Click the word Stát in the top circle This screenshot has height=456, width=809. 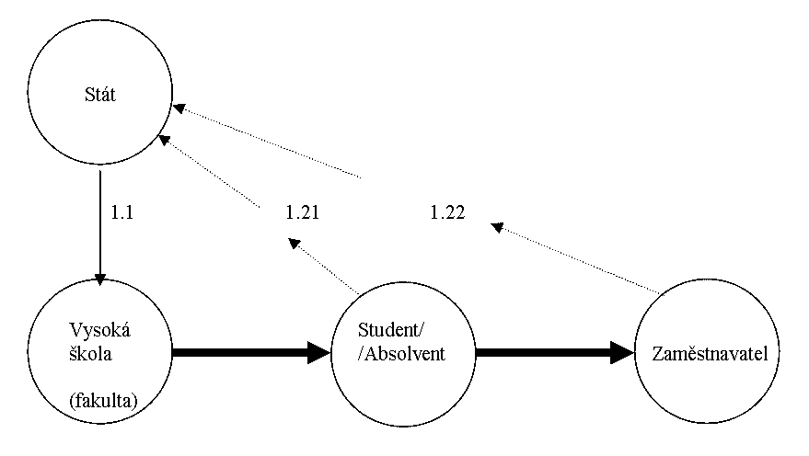[98, 94]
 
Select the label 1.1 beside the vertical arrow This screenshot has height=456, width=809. [122, 213]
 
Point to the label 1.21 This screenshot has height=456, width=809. [302, 213]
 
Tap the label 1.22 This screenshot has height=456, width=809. [447, 213]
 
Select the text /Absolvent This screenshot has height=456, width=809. [401, 353]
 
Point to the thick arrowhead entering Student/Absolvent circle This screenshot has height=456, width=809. [318, 351]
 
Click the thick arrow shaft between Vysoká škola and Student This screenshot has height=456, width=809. [239, 351]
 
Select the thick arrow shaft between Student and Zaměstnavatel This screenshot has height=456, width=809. [543, 351]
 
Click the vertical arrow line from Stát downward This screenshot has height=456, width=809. [99, 221]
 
